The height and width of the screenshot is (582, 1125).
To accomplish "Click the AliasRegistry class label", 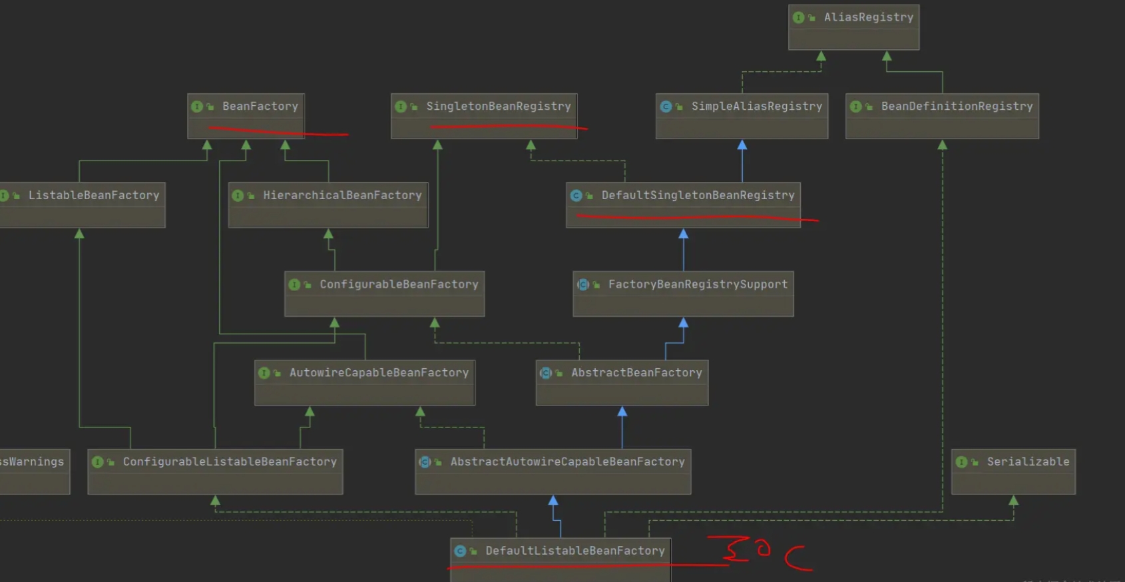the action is (868, 17).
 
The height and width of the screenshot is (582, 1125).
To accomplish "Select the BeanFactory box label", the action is (260, 107).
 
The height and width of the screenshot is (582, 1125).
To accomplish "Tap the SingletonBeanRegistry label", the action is (498, 107).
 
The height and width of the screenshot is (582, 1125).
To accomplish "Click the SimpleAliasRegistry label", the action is (756, 107).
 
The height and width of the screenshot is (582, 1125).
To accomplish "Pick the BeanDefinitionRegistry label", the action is (957, 107).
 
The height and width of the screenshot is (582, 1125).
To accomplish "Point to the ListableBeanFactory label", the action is (93, 196).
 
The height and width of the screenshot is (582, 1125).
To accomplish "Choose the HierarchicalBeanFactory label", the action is (342, 196).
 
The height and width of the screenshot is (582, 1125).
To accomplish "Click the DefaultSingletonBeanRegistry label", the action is (698, 196).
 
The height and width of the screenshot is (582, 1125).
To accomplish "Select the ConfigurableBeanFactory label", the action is (399, 284).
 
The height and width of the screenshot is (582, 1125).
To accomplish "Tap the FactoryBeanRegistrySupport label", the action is (698, 284).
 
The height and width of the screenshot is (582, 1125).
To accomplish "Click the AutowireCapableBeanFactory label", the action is (379, 373).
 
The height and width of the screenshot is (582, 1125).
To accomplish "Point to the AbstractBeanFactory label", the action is (636, 373).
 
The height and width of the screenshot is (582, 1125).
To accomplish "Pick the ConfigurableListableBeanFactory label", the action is (230, 462).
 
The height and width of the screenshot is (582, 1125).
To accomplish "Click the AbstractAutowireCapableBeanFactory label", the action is (568, 462).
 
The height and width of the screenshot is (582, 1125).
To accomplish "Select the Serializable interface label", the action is (1028, 462).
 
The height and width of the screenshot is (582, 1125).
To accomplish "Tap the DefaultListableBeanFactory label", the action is (575, 551).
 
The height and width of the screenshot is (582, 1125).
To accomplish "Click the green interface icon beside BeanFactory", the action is (197, 107).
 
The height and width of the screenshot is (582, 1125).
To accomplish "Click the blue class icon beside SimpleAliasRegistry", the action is (666, 107).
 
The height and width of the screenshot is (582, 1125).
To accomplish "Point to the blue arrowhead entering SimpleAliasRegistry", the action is (742, 145).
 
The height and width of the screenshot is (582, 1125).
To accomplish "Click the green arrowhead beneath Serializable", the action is (1014, 501).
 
